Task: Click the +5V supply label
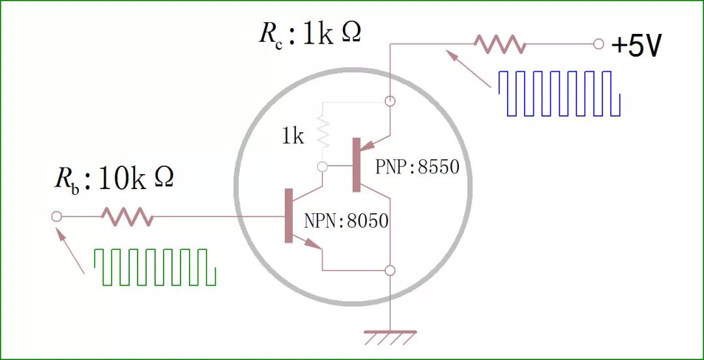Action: [x=637, y=46]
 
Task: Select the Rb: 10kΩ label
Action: [x=113, y=179]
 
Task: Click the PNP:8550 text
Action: [x=417, y=167]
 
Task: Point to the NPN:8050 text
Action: [x=346, y=222]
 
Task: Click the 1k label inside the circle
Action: [x=293, y=137]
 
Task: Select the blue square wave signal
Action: [x=559, y=93]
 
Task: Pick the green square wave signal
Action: [x=155, y=267]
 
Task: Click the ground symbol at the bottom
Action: [x=390, y=338]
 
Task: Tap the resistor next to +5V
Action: [x=499, y=44]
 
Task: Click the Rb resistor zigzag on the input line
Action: [x=127, y=217]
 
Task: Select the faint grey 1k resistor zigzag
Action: [x=321, y=131]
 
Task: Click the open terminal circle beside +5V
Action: [x=598, y=44]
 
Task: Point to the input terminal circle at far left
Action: [x=56, y=217]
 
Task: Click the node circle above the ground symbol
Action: [x=390, y=270]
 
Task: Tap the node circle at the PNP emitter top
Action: [x=390, y=101]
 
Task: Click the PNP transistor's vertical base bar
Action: [x=356, y=165]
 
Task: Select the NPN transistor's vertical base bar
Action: [x=289, y=215]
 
